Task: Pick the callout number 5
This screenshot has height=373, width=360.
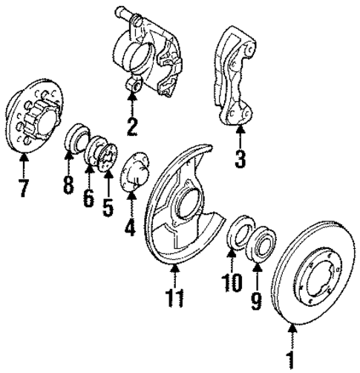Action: [x=108, y=206]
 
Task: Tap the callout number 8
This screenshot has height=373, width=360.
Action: [x=68, y=184]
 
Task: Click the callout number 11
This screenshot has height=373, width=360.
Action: [x=176, y=296]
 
